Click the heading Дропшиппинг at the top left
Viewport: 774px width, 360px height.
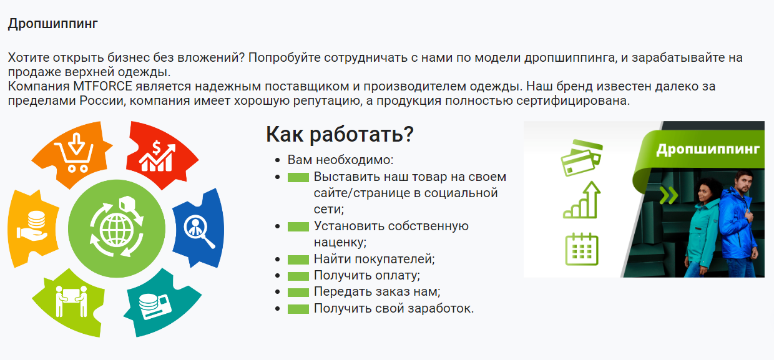pos(53,24)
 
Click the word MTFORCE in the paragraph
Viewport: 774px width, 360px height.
pos(102,86)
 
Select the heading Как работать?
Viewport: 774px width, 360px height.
pos(340,134)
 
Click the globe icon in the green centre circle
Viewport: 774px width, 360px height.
pos(117,228)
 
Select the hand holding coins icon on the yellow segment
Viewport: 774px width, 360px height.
pos(32,226)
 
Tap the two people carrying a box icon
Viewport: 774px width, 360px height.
pos(72,301)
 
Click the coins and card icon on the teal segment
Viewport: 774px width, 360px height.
pos(155,306)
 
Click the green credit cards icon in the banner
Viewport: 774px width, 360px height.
pos(582,158)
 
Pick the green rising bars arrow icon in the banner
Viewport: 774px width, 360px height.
pos(582,200)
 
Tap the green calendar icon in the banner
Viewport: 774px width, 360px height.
pos(582,249)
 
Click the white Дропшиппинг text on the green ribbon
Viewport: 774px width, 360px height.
pos(708,150)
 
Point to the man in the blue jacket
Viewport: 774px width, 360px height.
pos(738,225)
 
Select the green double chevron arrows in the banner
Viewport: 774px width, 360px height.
pos(669,195)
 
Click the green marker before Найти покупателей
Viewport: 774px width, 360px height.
pos(298,260)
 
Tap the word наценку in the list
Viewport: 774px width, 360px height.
pos(340,243)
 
